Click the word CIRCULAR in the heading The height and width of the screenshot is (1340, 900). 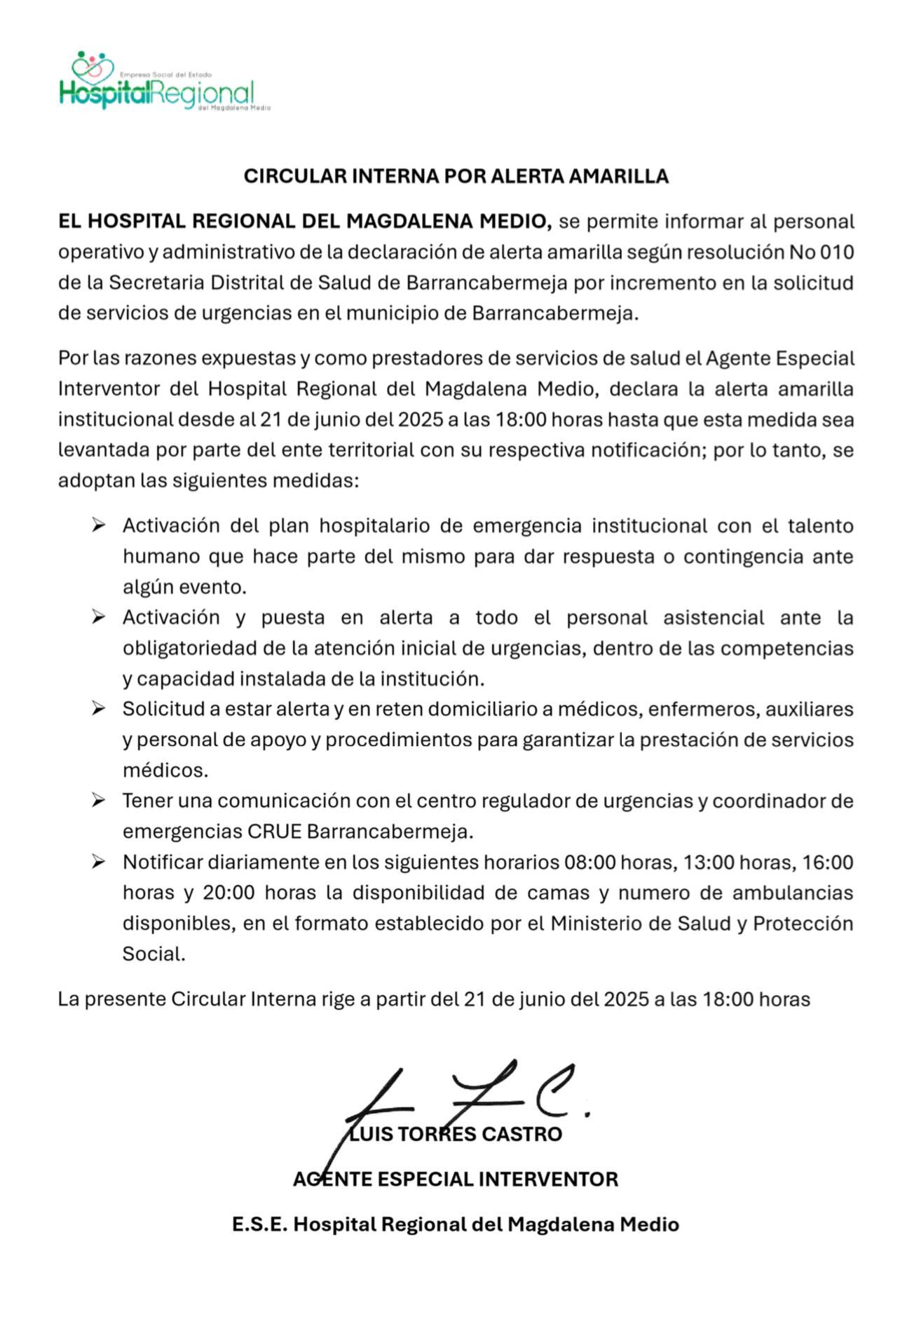[295, 176]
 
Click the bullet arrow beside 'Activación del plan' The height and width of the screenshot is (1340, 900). [98, 525]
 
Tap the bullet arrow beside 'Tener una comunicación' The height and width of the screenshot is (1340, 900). [98, 800]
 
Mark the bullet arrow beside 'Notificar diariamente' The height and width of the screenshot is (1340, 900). [98, 862]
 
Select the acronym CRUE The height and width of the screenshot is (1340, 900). [274, 832]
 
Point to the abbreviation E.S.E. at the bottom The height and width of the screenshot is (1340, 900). [259, 1224]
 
